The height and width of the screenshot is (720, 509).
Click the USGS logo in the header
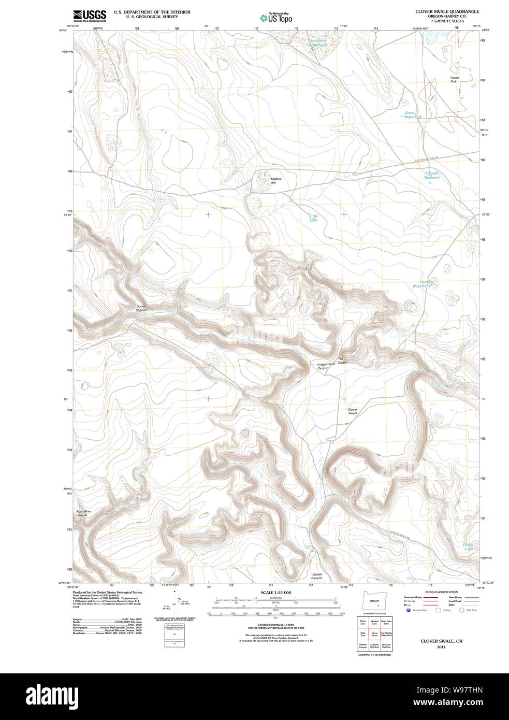click(x=90, y=15)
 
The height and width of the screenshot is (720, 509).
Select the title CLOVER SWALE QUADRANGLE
click(x=447, y=11)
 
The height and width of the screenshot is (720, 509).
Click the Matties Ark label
click(x=276, y=181)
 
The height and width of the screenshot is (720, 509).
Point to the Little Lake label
click(x=314, y=218)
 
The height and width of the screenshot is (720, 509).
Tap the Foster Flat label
click(x=455, y=80)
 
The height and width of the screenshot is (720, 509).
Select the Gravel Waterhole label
click(x=412, y=115)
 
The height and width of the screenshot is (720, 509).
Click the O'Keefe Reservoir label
click(x=432, y=175)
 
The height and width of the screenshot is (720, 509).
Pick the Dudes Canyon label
click(x=141, y=308)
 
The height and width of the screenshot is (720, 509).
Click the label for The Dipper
click(x=343, y=361)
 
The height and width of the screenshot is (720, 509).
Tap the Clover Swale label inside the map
click(x=353, y=411)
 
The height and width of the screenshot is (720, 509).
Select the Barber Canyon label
click(x=317, y=576)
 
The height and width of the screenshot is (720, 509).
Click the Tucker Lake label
click(x=468, y=546)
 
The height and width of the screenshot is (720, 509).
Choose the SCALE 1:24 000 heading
click(x=275, y=593)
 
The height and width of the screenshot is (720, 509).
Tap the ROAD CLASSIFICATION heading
click(x=441, y=592)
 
